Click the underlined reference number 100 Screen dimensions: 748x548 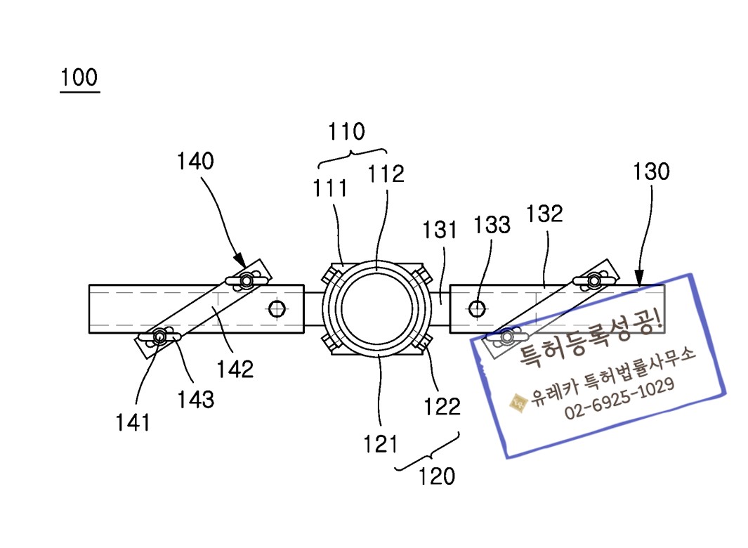[79, 77]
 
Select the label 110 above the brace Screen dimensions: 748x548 [346, 132]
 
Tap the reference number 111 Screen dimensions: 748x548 [329, 188]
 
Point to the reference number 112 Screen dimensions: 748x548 [386, 174]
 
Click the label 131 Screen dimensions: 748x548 [440, 230]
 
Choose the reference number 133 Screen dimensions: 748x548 [492, 225]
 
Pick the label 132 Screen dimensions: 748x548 [544, 214]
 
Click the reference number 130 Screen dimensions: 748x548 [651, 171]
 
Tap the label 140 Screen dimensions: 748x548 [195, 161]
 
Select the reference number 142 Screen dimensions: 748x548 [235, 369]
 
